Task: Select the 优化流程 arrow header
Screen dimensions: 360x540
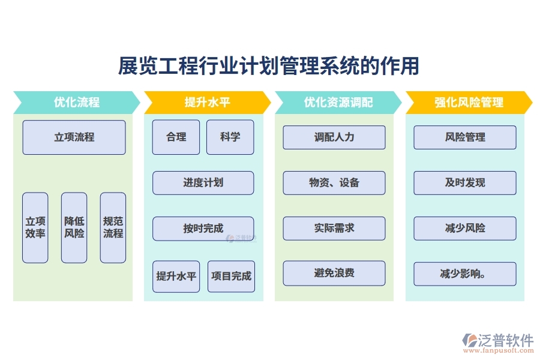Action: click(x=76, y=102)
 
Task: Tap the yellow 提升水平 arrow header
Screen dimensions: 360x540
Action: click(x=207, y=102)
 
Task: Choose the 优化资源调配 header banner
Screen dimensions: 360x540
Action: click(x=338, y=102)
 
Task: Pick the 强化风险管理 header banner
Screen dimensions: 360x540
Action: click(x=469, y=102)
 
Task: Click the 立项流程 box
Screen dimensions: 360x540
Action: click(x=74, y=137)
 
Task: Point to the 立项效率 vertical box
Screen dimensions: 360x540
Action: click(x=35, y=227)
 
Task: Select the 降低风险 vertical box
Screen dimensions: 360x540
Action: click(x=74, y=227)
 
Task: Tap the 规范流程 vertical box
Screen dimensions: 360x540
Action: click(x=113, y=227)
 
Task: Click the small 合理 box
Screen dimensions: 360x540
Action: click(x=176, y=137)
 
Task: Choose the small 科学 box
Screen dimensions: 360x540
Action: click(x=230, y=137)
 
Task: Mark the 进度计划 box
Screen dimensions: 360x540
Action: click(x=203, y=183)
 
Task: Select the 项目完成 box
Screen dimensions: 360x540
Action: click(x=231, y=277)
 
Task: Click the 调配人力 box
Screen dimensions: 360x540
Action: click(x=334, y=137)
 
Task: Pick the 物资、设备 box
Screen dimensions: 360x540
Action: click(x=334, y=183)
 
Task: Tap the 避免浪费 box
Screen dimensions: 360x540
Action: click(x=334, y=274)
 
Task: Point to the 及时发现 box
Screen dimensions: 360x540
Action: click(x=465, y=183)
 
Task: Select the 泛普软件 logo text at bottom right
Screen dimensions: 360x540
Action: click(x=505, y=340)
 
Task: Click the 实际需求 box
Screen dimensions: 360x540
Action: click(x=334, y=229)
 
